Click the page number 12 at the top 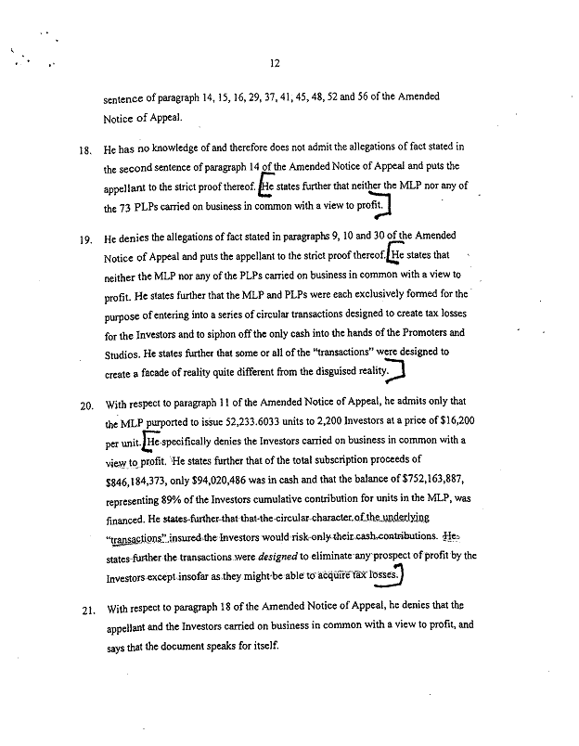275,63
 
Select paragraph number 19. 85,238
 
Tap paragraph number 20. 85,405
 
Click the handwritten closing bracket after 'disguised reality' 400,372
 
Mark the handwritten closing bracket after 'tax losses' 405,575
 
